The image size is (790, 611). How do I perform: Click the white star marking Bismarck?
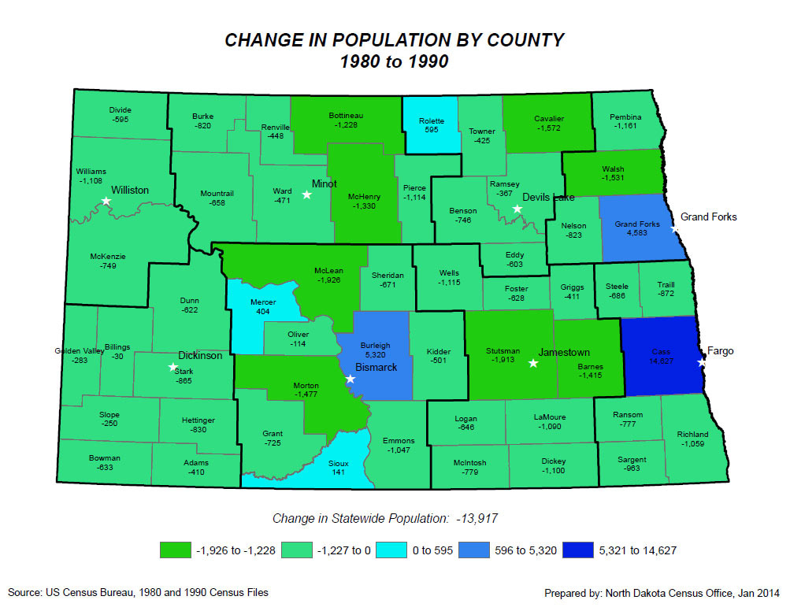350,379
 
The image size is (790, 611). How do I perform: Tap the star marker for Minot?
307,194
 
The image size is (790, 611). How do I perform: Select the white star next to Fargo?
701,363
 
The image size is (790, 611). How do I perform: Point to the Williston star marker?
106,201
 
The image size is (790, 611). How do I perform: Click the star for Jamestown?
533,363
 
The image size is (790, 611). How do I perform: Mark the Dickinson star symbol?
173,367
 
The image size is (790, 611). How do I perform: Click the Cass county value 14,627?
660,361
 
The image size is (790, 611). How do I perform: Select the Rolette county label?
431,121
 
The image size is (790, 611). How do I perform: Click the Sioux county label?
338,463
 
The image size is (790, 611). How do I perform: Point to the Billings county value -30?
117,356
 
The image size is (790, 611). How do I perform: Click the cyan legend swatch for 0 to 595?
395,550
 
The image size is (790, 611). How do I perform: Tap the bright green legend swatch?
175,550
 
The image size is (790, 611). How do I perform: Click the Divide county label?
121,110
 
